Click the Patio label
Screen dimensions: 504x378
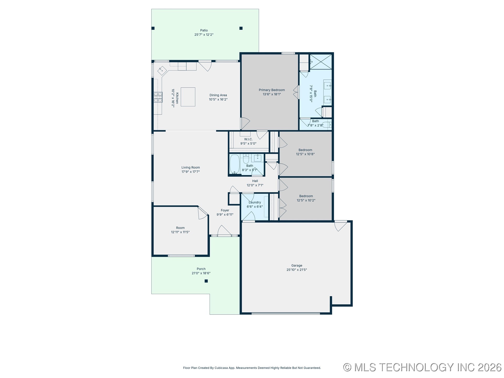click(x=204, y=30)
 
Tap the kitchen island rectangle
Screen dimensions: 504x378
click(x=188, y=97)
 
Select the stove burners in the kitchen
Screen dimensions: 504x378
click(x=158, y=97)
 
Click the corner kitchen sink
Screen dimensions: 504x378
click(x=162, y=71)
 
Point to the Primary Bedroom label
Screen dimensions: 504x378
click(x=272, y=90)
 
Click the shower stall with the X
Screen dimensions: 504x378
click(x=321, y=62)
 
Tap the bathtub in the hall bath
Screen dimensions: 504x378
click(x=235, y=164)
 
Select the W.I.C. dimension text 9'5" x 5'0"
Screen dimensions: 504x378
click(x=248, y=144)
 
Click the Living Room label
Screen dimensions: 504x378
click(x=191, y=167)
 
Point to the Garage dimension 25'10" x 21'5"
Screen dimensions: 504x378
click(x=297, y=270)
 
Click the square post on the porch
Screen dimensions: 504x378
click(x=206, y=281)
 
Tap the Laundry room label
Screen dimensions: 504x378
click(x=255, y=202)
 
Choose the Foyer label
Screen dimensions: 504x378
click(x=225, y=210)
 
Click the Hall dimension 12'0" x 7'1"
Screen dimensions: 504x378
click(x=255, y=185)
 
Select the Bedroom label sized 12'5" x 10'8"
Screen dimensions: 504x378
click(x=305, y=150)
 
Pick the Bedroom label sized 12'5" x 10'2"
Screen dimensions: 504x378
click(x=306, y=196)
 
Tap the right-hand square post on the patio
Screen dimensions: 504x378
click(x=241, y=28)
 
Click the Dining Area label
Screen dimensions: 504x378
click(x=218, y=95)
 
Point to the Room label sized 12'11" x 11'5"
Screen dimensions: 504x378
click(x=180, y=228)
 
